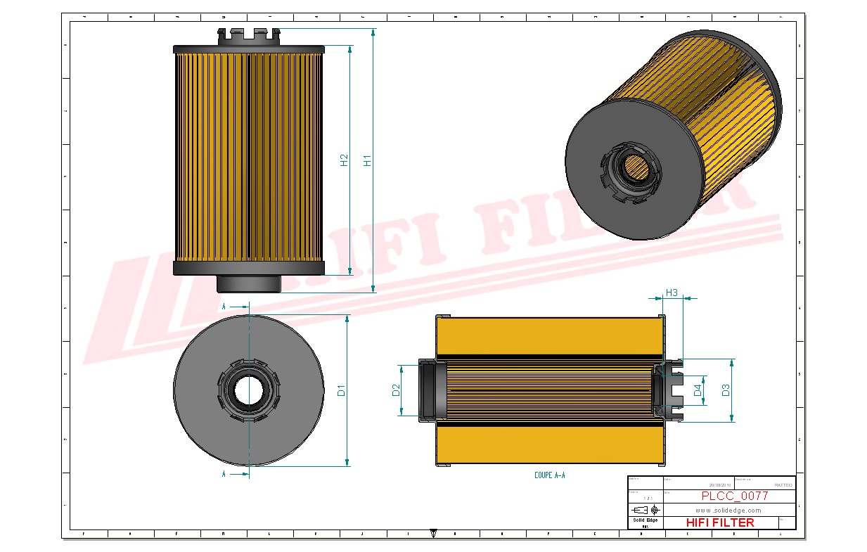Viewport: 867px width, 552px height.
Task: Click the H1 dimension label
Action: point(367,160)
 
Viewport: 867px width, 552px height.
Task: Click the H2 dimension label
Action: point(344,160)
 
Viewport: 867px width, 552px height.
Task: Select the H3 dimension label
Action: point(672,293)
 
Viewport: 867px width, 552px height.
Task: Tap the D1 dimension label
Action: point(342,390)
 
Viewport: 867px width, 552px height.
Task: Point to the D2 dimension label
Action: point(396,390)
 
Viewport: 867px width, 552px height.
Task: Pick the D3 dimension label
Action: point(726,390)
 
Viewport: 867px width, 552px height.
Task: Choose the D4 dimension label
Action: point(698,390)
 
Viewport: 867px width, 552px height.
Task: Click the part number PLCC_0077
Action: point(734,496)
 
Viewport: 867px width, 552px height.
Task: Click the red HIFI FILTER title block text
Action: point(719,522)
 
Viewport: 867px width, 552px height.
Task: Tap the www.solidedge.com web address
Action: point(728,510)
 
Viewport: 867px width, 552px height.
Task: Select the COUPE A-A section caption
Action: point(550,475)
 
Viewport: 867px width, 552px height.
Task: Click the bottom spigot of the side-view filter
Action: point(248,283)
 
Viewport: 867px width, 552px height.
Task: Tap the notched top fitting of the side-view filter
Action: point(248,36)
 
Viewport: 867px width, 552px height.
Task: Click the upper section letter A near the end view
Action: point(224,307)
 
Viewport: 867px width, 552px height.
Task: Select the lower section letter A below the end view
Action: point(224,475)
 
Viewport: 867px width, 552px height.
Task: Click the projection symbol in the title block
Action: point(645,510)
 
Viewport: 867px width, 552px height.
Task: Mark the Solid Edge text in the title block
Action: point(645,520)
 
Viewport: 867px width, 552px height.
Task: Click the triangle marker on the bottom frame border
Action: point(433,534)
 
